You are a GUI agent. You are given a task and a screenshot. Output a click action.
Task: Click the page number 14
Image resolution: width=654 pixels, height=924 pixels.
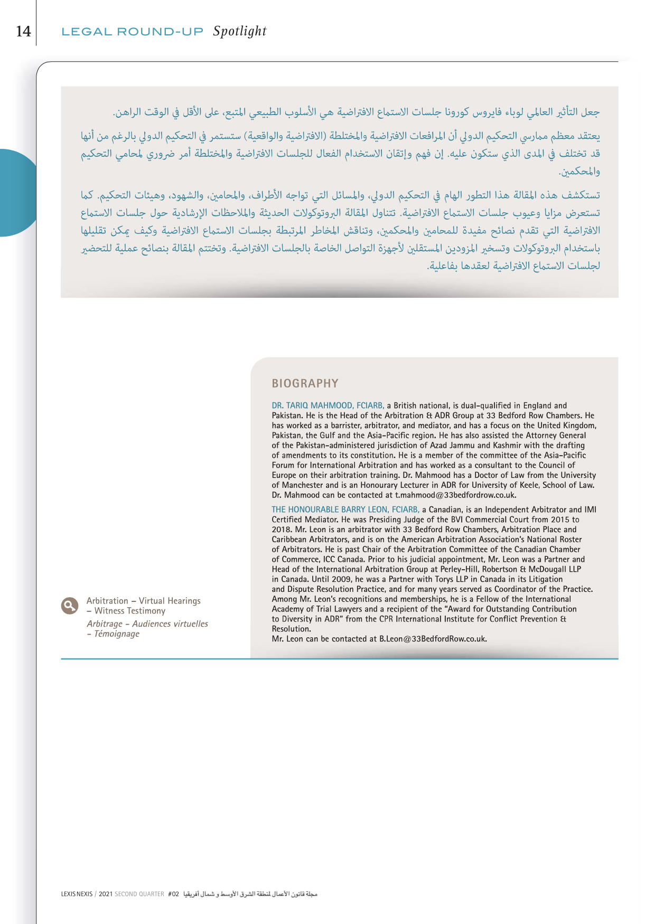click(x=23, y=31)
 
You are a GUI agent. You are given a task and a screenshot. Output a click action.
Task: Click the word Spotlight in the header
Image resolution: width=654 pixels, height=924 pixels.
click(x=240, y=31)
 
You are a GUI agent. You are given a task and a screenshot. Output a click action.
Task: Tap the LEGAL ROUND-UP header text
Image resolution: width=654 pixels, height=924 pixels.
click(x=132, y=32)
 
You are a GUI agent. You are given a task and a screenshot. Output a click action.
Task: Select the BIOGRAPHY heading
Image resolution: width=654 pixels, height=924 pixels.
click(x=305, y=383)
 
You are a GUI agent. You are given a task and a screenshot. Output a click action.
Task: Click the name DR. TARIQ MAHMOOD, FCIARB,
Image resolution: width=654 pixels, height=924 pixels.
click(x=328, y=406)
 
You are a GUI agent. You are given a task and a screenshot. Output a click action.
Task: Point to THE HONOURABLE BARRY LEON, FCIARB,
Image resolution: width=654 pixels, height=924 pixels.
click(x=345, y=510)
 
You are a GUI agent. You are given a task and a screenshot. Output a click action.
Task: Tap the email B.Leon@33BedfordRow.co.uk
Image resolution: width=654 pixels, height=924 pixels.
click(x=432, y=639)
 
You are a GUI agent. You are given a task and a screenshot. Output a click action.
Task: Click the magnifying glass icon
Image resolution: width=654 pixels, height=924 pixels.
click(x=69, y=606)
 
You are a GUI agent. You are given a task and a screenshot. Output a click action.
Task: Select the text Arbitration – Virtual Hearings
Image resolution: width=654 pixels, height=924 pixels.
click(x=143, y=601)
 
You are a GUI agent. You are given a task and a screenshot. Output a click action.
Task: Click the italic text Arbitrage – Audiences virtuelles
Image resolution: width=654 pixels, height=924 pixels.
click(x=147, y=624)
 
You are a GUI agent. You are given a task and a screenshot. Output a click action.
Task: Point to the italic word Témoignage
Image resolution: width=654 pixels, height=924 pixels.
click(x=117, y=634)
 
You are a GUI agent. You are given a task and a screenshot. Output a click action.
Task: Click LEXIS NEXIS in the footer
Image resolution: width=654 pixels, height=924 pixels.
click(x=77, y=894)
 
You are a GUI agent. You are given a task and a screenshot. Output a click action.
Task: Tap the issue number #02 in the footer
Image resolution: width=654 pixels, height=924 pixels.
click(x=173, y=894)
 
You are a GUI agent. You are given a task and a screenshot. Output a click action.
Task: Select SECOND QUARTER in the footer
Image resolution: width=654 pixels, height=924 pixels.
click(x=139, y=894)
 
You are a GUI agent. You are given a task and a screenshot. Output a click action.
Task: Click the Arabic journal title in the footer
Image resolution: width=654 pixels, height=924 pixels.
click(x=250, y=894)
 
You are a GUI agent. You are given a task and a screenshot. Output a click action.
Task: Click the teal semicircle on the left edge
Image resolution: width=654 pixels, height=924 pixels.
click(x=16, y=193)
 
